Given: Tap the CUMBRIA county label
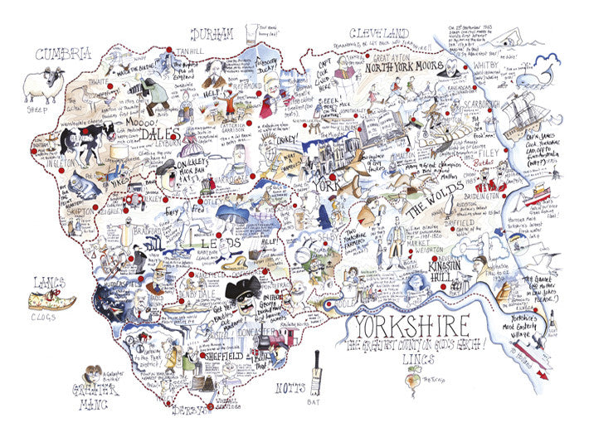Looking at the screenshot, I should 62,54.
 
